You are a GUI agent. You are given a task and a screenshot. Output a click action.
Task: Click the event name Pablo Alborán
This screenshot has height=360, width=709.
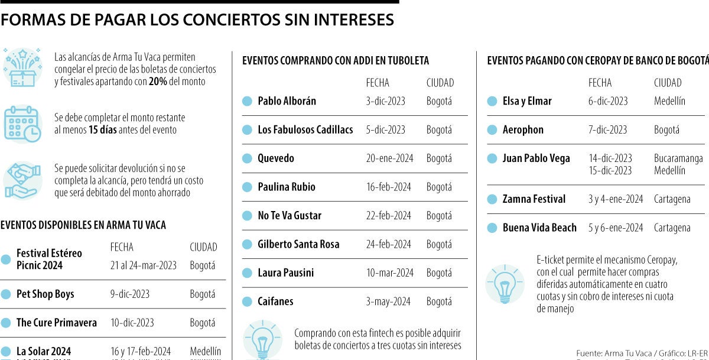pos(287,101)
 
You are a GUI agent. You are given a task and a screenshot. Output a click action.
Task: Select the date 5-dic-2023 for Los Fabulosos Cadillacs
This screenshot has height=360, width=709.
pos(385,129)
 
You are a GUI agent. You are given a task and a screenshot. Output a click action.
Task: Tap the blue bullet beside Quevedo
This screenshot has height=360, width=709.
pos(247,158)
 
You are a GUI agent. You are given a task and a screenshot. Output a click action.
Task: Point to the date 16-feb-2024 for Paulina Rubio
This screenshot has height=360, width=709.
pos(388,187)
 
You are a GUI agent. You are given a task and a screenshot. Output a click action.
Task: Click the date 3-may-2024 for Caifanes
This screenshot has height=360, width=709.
pos(388,301)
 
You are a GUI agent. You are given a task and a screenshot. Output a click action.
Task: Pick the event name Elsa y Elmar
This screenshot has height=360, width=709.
pos(527,101)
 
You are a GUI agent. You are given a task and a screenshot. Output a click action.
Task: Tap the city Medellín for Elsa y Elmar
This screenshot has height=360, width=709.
pos(669,101)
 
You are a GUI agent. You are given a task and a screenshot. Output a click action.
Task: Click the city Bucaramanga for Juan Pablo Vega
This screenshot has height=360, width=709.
pos(678,158)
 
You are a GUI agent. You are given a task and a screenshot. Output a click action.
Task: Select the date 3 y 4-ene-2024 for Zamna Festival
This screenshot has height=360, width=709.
pos(615,199)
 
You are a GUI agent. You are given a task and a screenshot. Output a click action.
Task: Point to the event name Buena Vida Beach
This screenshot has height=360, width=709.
pos(539,228)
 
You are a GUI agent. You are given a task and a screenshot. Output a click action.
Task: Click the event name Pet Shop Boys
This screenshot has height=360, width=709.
pos(45,294)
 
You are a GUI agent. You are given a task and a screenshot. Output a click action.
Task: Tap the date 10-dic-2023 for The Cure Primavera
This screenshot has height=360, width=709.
pos(132,323)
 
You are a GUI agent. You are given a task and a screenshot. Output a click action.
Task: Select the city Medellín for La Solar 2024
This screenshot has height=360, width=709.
pos(205,351)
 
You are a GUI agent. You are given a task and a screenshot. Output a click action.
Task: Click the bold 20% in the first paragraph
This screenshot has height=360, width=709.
pos(158,82)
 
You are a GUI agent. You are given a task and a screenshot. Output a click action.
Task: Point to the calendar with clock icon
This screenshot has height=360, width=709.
pos(22,124)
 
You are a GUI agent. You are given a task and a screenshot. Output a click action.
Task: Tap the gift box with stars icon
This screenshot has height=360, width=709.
pos(22,67)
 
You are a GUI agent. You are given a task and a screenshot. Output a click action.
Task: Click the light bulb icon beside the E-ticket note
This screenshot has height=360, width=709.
pos(505,284)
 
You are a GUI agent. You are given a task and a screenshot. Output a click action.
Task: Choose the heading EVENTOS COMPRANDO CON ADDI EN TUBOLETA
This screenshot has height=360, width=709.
pos(336,60)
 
